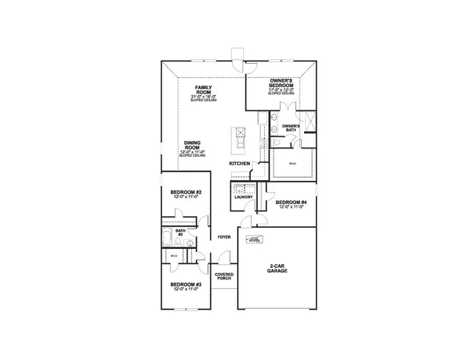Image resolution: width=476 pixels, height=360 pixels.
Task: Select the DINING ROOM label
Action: (x=192, y=145)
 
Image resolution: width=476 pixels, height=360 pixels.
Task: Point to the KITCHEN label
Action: (x=240, y=163)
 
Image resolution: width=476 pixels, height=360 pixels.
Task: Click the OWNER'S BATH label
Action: (x=291, y=127)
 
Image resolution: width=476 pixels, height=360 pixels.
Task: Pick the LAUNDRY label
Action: (x=243, y=196)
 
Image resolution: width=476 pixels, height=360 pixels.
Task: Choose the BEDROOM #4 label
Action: (x=291, y=202)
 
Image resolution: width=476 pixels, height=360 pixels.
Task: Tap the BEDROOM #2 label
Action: (x=185, y=192)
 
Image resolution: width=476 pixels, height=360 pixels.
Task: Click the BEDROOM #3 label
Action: (x=185, y=284)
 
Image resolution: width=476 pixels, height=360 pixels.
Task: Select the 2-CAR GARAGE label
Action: (x=277, y=269)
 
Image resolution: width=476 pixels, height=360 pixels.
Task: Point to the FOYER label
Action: (x=224, y=237)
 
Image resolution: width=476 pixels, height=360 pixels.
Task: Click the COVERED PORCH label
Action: (x=224, y=276)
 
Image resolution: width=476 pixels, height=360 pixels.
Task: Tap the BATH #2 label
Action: (x=180, y=232)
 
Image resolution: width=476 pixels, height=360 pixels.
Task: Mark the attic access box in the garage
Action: (x=255, y=240)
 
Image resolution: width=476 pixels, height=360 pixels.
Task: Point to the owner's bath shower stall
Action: (x=307, y=120)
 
